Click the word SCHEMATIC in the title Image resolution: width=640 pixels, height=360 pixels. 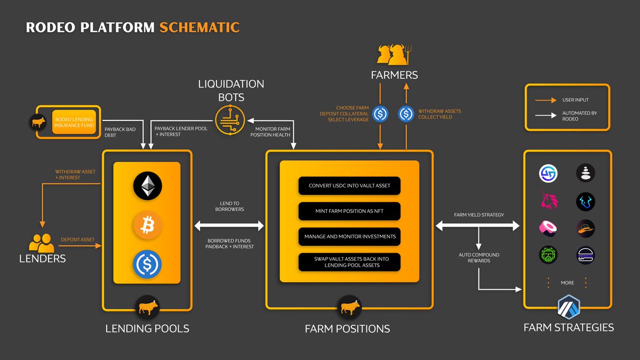click(x=199, y=27)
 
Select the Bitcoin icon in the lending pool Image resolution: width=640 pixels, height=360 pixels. click(x=147, y=226)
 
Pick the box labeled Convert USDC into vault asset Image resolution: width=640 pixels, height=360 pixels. click(x=349, y=186)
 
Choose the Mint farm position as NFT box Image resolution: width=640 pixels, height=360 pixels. click(x=349, y=211)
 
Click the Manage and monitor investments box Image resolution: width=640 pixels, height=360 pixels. click(x=349, y=236)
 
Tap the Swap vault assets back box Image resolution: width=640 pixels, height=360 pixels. click(x=349, y=262)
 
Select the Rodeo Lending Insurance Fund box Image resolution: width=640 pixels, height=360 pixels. click(x=74, y=122)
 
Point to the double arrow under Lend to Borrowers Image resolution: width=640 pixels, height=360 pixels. click(x=229, y=226)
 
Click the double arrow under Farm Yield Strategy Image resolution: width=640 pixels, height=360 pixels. click(x=478, y=226)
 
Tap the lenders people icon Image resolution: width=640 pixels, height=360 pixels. click(x=41, y=244)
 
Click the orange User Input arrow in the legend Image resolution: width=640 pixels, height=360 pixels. click(x=544, y=100)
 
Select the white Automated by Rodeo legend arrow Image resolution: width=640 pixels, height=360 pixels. click(x=544, y=116)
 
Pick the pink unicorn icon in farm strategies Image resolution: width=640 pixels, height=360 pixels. click(x=548, y=201)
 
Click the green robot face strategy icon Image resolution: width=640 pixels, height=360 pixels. click(x=548, y=254)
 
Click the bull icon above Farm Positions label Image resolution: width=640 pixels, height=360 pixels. click(x=349, y=308)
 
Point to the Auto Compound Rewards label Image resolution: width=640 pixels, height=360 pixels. click(x=478, y=258)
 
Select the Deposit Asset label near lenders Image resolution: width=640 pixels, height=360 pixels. click(x=77, y=239)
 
